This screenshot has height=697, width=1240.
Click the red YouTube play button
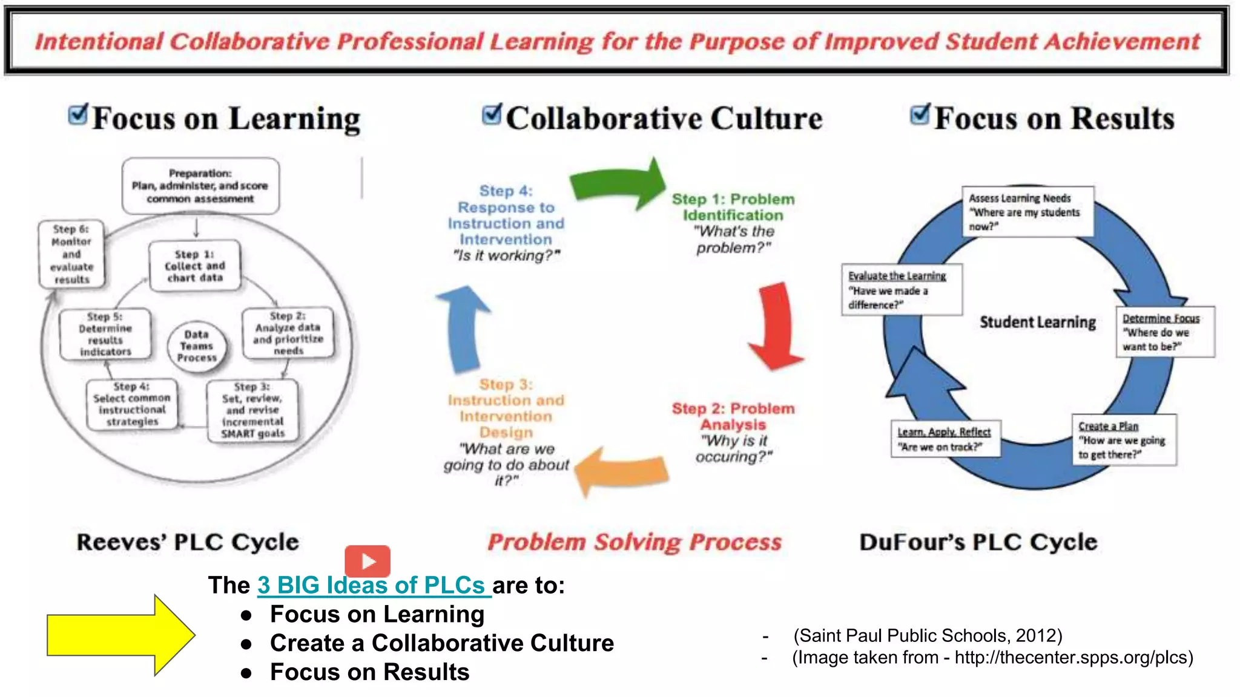click(368, 561)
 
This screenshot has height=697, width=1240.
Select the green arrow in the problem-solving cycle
click(618, 185)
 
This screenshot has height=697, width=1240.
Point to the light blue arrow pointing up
click(464, 330)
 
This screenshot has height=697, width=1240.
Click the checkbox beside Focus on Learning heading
click(78, 114)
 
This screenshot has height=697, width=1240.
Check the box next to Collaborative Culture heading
click(492, 114)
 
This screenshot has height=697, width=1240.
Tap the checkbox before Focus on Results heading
click(920, 114)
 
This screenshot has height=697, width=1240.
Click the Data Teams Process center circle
click(197, 346)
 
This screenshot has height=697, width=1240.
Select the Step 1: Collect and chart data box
click(195, 266)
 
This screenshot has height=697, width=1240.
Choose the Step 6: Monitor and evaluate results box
click(71, 254)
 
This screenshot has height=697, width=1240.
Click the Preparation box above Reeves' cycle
click(200, 186)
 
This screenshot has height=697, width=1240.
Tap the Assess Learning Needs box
click(1027, 212)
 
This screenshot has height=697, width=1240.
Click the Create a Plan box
click(1124, 440)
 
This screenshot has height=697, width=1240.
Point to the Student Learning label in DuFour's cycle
click(1038, 322)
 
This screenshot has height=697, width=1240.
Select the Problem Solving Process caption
click(635, 542)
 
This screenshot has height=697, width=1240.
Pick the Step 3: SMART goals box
click(252, 410)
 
